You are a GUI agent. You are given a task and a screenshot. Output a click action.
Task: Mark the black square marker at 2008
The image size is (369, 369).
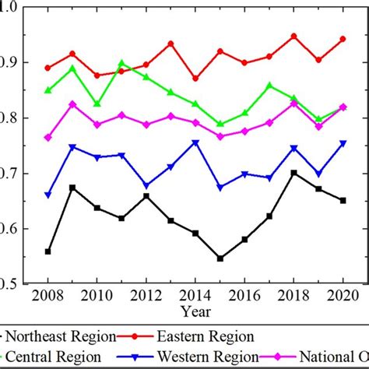[48, 251]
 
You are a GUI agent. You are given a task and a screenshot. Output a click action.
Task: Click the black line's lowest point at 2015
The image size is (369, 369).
[220, 258]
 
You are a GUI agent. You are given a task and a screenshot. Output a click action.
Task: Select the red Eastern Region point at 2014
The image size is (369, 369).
[195, 79]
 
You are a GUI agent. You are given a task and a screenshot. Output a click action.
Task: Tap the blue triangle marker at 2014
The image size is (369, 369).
[195, 143]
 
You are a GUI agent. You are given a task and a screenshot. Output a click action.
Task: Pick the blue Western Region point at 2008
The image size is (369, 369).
[48, 195]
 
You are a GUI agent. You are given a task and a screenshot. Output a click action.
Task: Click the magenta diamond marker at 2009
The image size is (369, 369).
[72, 104]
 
